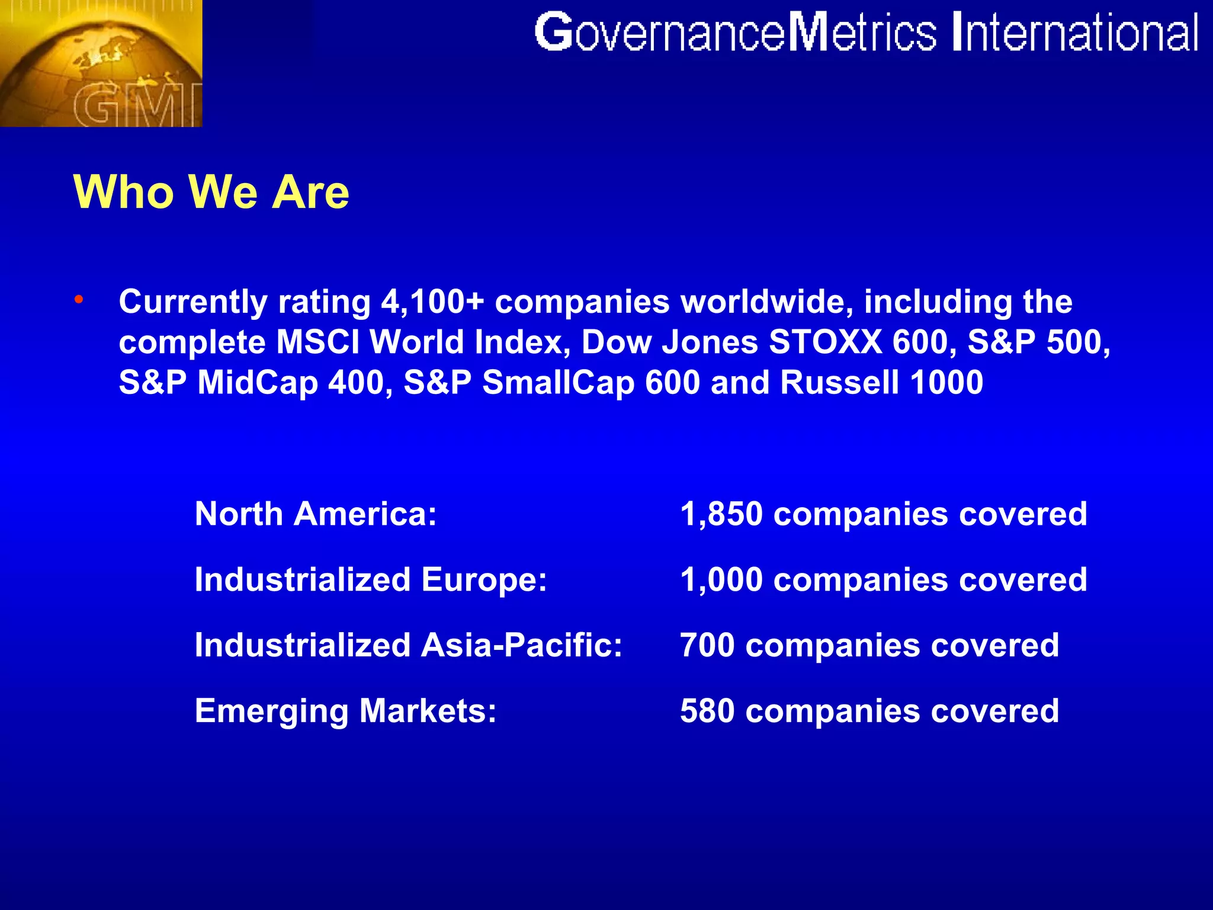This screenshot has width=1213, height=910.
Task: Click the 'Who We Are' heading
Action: point(211,192)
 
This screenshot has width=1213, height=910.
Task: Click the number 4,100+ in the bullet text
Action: point(432,302)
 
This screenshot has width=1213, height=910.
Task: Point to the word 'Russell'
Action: point(840,383)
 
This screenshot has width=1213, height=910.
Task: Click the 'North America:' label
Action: point(316,514)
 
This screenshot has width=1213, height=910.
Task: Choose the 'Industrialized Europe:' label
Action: point(371,579)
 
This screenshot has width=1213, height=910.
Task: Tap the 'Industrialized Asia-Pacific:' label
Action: point(409,645)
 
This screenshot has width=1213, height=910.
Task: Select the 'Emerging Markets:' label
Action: point(345,711)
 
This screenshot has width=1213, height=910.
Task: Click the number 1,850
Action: point(721,514)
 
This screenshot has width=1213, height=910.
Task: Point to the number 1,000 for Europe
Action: point(721,579)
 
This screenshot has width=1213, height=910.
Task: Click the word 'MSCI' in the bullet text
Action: point(317,342)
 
